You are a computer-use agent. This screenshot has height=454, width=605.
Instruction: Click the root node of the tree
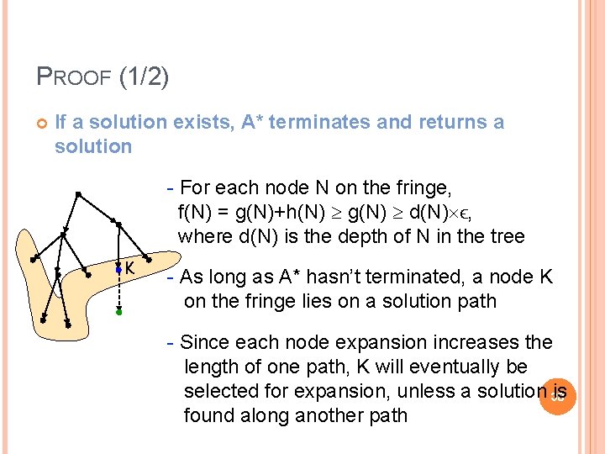(76, 194)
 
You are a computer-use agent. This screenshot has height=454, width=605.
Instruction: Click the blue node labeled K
(118, 268)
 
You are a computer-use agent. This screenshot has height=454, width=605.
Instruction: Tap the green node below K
(118, 312)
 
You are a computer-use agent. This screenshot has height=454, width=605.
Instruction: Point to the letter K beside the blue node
(130, 268)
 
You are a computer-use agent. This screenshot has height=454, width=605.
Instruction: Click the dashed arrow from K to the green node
(118, 291)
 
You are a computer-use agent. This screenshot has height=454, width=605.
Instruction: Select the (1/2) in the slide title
(145, 78)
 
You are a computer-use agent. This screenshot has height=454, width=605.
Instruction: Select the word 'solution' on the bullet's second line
(92, 146)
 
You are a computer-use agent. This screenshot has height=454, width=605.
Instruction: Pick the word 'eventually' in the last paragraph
(437, 367)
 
